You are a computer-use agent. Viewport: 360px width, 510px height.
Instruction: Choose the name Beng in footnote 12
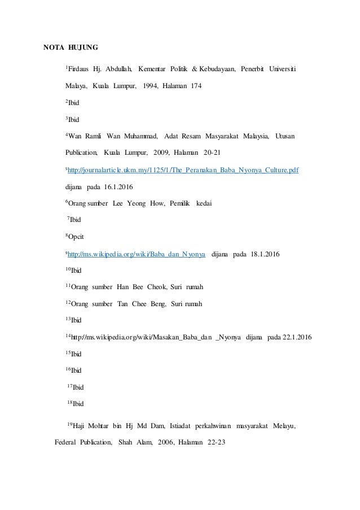[x=156, y=303]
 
